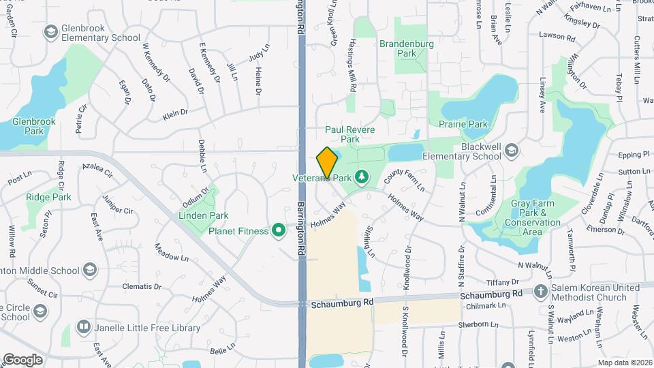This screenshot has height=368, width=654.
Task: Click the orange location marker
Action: tap(328, 162)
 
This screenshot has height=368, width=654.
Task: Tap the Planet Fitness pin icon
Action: tap(278, 232)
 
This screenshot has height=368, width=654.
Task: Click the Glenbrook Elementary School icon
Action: tap(50, 32)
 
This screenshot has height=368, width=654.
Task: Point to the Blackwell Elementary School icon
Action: tap(512, 150)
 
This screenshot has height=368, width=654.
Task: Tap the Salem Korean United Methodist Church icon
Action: tap(542, 292)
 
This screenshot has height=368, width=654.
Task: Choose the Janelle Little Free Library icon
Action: tap(84, 328)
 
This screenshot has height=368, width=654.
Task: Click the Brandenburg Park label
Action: tap(407, 48)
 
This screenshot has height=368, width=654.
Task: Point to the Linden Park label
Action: tap(203, 215)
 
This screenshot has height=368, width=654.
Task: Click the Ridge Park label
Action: tap(48, 197)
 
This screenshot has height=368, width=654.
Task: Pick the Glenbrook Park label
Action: tap(29, 125)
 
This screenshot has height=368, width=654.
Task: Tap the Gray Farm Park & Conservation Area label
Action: tap(535, 217)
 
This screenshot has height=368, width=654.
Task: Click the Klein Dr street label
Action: tap(175, 114)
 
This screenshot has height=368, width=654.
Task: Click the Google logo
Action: tap(22, 359)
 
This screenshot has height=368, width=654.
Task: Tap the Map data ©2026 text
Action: tap(625, 363)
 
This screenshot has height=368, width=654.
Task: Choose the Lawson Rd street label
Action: tap(557, 35)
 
